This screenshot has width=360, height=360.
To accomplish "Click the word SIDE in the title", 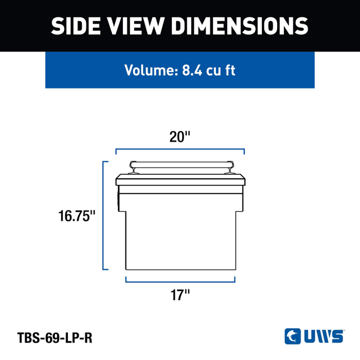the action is (76, 26).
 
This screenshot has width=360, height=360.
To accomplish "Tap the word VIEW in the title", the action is (135, 26).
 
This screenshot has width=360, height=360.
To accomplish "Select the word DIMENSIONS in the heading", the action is (240, 26).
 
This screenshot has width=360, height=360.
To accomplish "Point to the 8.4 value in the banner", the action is (192, 70).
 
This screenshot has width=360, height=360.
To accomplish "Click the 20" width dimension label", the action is (180, 137).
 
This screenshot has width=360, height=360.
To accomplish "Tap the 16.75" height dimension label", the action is (77, 216).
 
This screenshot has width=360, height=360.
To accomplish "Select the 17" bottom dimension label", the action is (180, 295).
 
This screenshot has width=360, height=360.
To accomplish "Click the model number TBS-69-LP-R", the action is (55, 338).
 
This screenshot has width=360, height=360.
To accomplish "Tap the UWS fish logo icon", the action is (293, 336).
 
